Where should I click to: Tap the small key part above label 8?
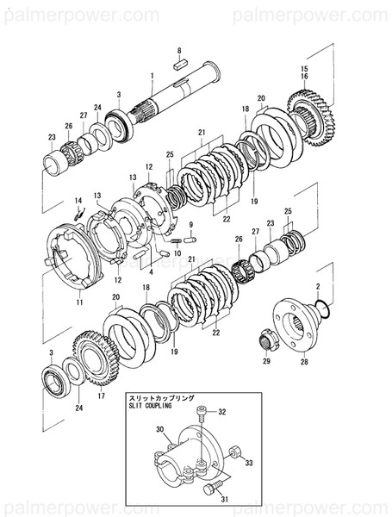pos(180,62)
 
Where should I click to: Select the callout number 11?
pos(78,303)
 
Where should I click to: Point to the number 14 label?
pos(77,200)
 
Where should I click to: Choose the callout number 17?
pos(102,396)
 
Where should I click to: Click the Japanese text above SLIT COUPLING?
pos(159,396)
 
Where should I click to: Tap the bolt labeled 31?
pos(209,489)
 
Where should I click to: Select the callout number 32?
pos(221,413)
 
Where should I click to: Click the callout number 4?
pos(150,270)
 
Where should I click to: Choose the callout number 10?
pos(177,254)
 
